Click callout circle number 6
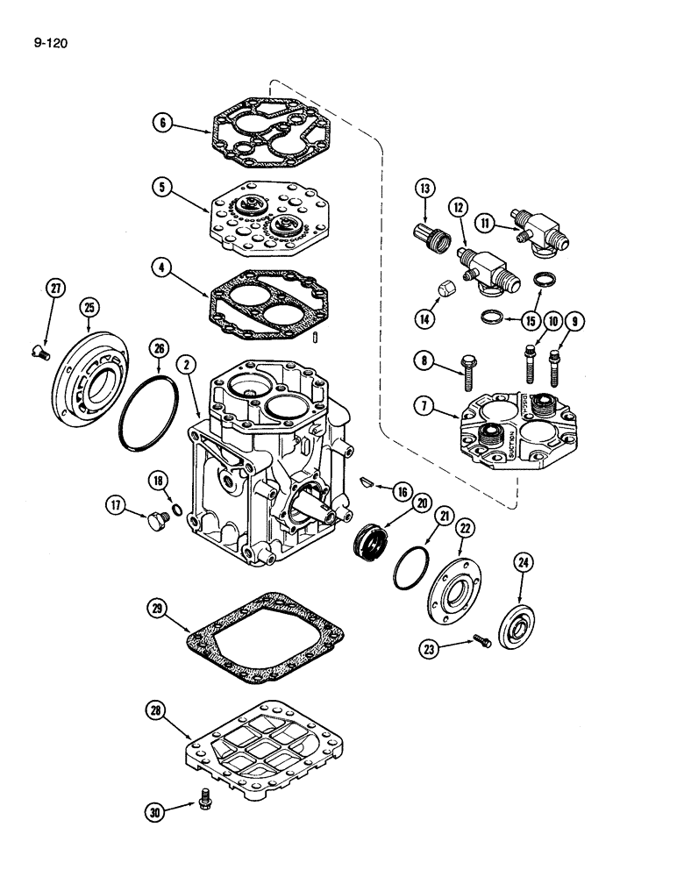coord(160,123)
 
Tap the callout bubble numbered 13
coord(424,188)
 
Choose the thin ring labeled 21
coord(411,571)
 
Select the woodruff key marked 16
coord(368,480)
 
